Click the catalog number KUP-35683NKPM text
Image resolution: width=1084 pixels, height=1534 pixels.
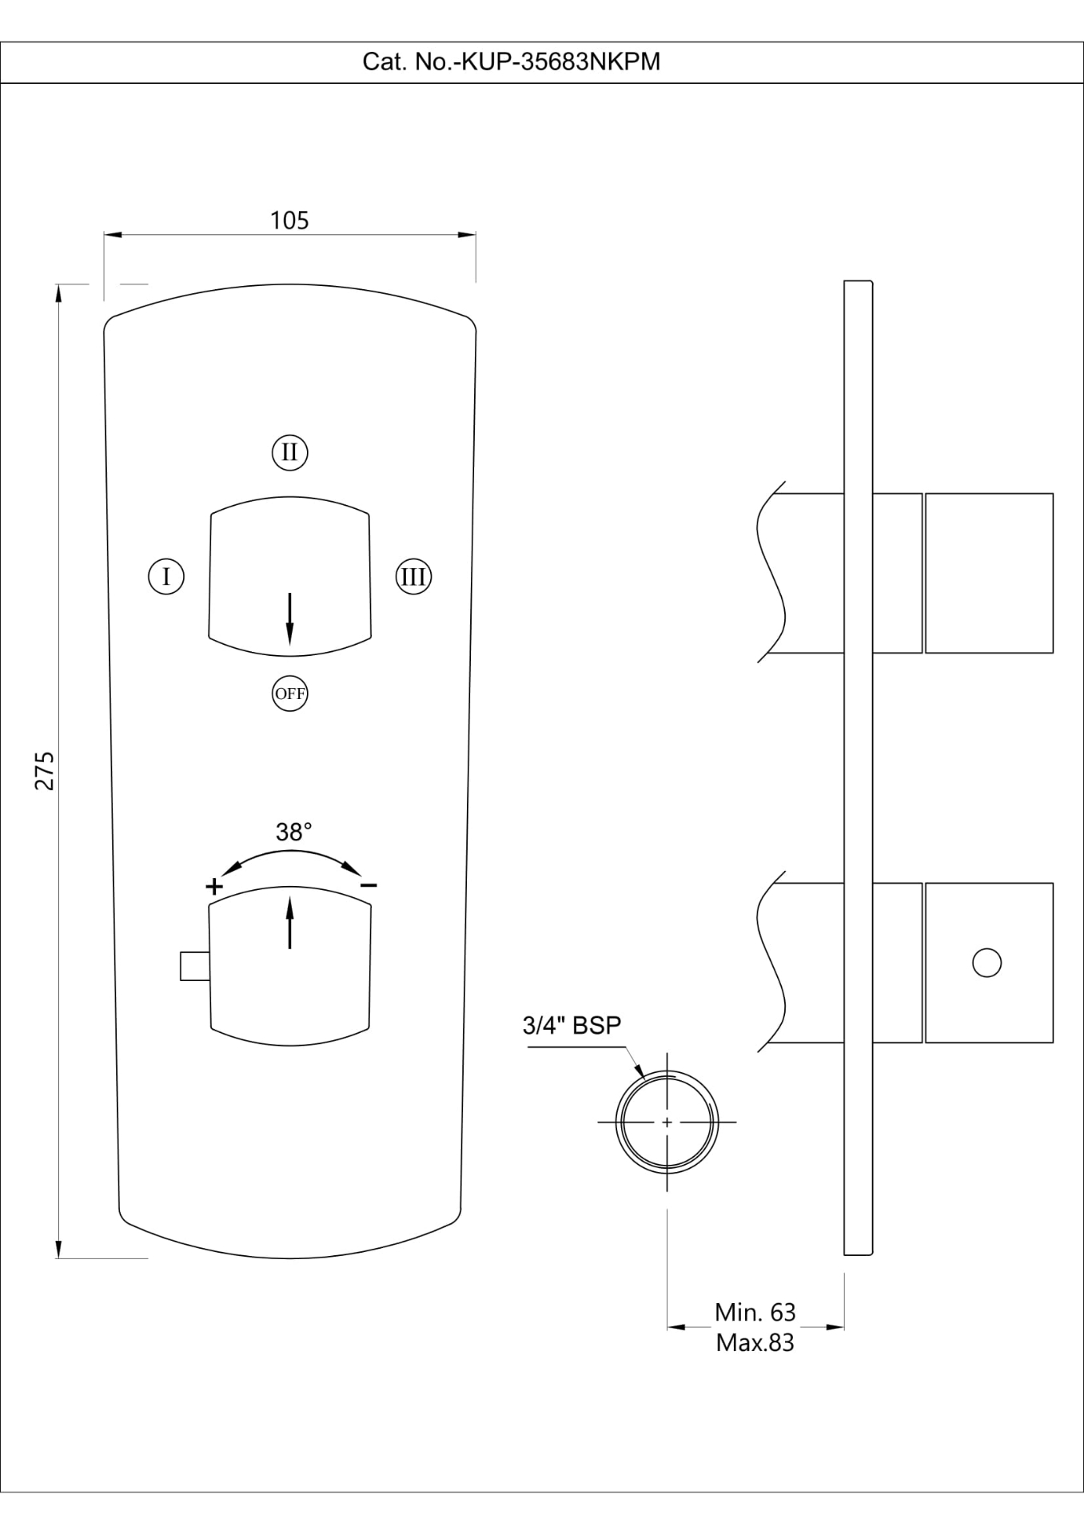(x=512, y=62)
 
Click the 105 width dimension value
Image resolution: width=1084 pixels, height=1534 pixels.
(x=289, y=221)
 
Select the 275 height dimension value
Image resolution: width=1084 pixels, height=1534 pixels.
(x=45, y=770)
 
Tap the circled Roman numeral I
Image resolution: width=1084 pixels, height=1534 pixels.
(x=166, y=576)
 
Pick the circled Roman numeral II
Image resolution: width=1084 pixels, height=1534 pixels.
(x=289, y=452)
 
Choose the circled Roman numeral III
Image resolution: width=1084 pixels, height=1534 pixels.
(x=413, y=576)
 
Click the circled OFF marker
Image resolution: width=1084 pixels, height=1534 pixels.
(x=289, y=693)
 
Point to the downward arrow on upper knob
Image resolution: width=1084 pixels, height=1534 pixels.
(x=289, y=619)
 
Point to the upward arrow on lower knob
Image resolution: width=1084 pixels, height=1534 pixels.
(x=289, y=922)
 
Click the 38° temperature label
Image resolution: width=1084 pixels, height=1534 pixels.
(x=293, y=833)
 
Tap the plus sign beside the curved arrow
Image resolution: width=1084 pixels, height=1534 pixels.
(x=213, y=886)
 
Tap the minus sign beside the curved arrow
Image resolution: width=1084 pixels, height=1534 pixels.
(x=368, y=886)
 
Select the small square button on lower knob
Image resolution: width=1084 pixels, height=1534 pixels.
(x=194, y=966)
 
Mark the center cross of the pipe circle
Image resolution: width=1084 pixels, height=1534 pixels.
(x=667, y=1123)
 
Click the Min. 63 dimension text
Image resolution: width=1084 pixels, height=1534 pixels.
(x=755, y=1312)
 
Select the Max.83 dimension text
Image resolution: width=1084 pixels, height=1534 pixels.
(x=755, y=1343)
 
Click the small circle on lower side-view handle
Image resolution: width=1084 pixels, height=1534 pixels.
(x=986, y=963)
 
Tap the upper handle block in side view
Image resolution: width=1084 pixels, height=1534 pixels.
(x=989, y=573)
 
